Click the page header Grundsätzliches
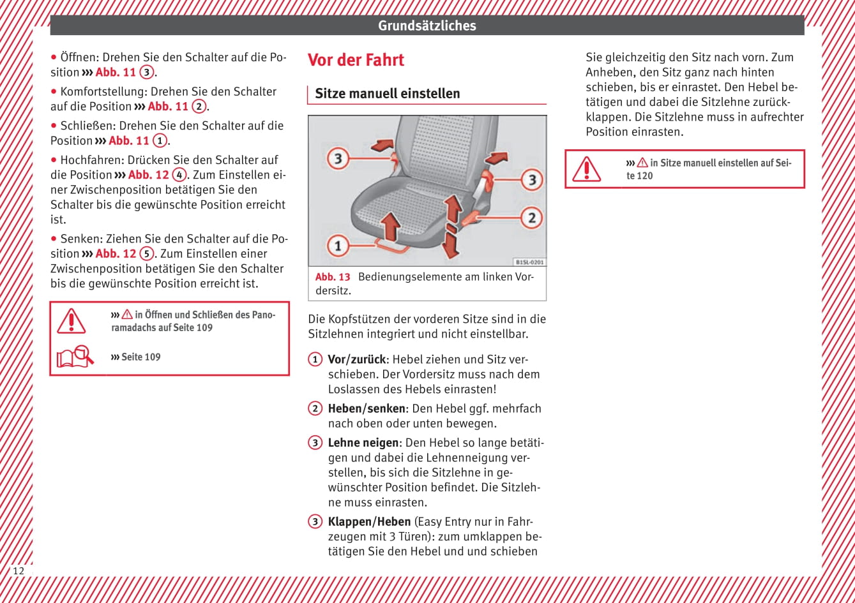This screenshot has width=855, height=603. (x=427, y=26)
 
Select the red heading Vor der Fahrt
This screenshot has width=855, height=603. (x=356, y=60)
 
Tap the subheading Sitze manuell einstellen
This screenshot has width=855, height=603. (x=387, y=94)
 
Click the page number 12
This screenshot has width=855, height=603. (x=19, y=570)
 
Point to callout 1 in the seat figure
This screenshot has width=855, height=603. (x=338, y=245)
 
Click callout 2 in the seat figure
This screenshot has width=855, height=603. (x=531, y=218)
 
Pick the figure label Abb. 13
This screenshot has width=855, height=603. (x=333, y=277)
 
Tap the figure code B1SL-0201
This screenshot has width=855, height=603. (x=529, y=262)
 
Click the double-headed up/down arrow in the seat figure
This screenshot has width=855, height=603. (x=452, y=226)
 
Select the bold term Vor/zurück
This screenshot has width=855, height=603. (x=356, y=359)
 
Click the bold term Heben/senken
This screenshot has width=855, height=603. (x=367, y=408)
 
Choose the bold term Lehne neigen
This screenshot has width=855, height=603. (x=363, y=443)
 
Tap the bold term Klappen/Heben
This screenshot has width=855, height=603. (x=369, y=522)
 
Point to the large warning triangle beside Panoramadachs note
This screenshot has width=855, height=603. (x=72, y=321)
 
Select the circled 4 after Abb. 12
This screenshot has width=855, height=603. (x=179, y=175)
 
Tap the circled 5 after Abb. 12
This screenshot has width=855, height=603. (x=147, y=254)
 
